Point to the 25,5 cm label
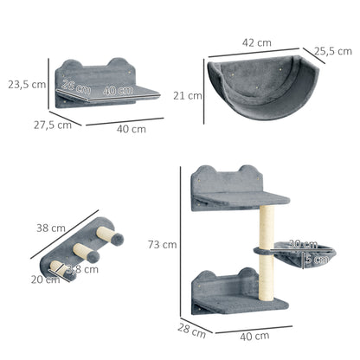331,50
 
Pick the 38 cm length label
51,228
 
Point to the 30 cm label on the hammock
302,244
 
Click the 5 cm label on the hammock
318,257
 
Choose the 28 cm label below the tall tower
192,330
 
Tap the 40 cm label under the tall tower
254,335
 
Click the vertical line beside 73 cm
180,242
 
